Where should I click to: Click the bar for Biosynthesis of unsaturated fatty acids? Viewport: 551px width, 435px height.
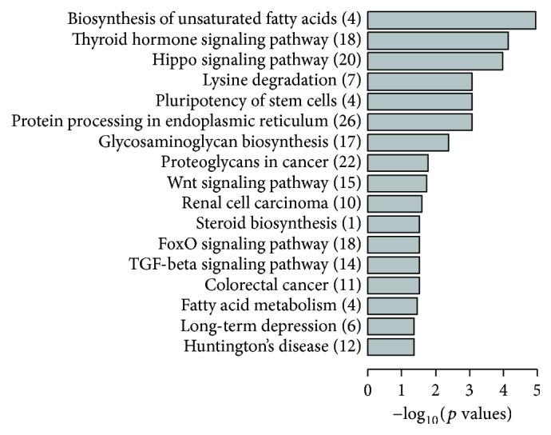(451, 19)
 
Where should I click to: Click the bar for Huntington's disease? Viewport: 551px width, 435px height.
(390, 346)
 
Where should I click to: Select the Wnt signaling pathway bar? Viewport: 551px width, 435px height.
(397, 183)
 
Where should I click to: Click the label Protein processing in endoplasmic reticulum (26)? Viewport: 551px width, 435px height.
(186, 122)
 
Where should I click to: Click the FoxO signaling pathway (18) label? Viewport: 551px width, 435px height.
(260, 244)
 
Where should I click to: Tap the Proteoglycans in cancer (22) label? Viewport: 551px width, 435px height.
(261, 162)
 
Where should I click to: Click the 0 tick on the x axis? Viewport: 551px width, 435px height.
(367, 390)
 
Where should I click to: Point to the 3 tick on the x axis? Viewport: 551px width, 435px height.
(469, 390)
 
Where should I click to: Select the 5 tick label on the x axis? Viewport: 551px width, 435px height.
(536, 390)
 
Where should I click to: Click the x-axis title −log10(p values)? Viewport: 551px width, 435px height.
(451, 416)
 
